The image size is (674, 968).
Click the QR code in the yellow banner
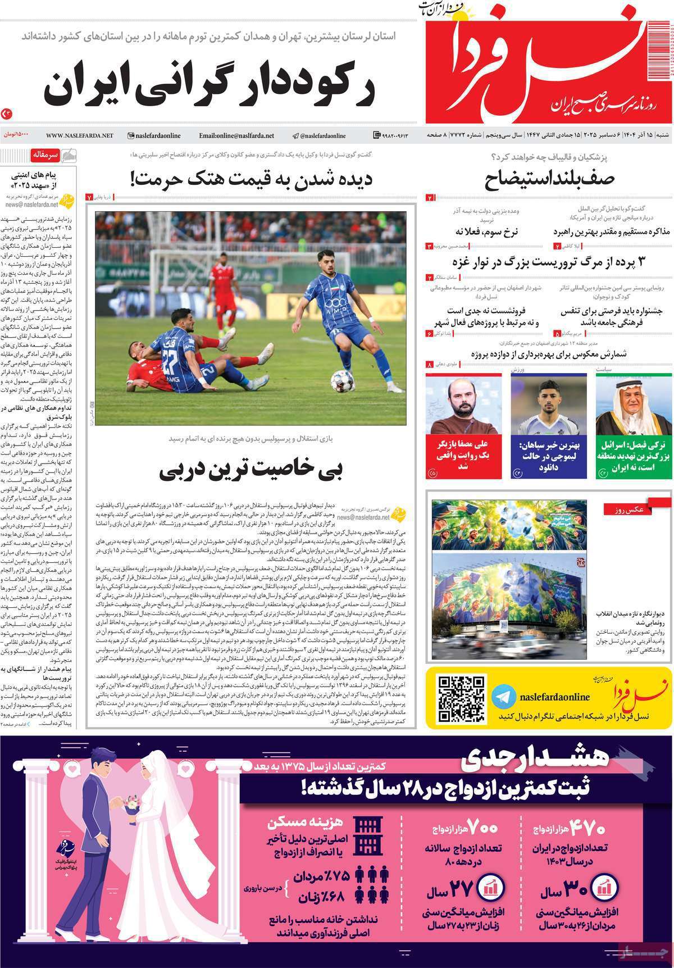[461, 698]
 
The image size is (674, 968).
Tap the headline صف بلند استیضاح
[550, 179]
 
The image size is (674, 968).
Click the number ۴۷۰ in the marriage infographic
[588, 829]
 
